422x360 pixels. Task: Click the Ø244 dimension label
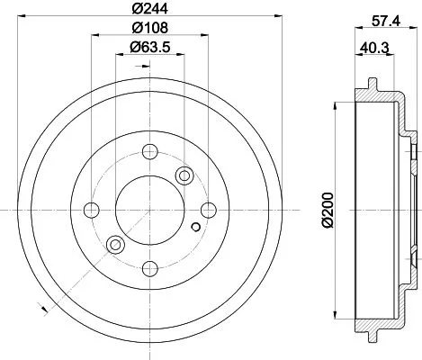(149, 11)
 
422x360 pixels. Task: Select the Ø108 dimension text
(149, 29)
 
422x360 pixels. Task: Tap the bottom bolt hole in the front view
(149, 267)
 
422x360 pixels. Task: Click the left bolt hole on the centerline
(91, 211)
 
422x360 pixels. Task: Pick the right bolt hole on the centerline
(208, 211)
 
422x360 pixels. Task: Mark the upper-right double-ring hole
(185, 175)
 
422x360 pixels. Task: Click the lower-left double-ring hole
(114, 245)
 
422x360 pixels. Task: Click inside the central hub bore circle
(149, 211)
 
